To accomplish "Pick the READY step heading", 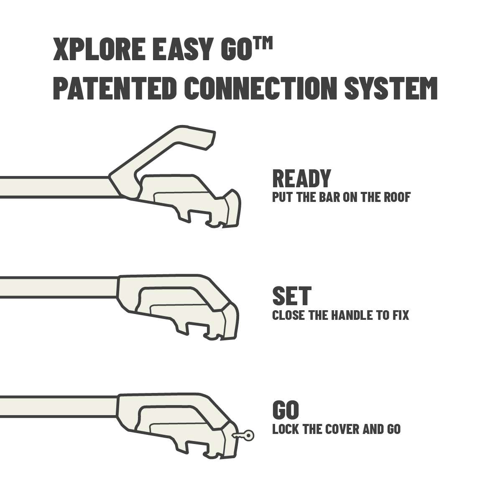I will coord(301,179).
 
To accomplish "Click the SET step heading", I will coord(291,296).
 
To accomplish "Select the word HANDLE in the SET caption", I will coord(352,315).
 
